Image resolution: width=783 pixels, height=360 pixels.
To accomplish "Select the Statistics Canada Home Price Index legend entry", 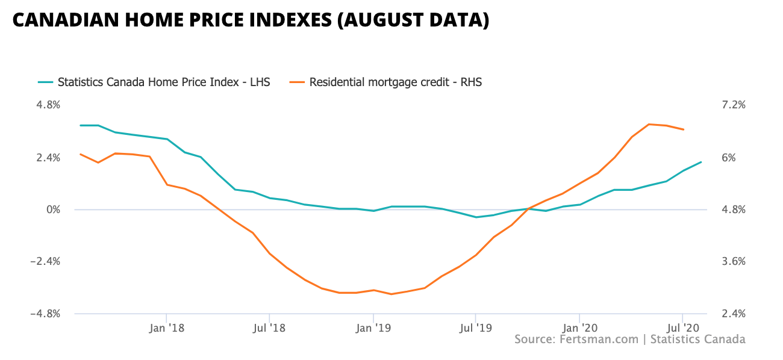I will (163, 82).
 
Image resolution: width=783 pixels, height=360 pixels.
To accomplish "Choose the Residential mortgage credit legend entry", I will (395, 82).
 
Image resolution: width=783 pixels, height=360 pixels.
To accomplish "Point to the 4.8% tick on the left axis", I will (49, 105).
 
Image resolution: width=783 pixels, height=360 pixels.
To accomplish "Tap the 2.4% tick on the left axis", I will (49, 158).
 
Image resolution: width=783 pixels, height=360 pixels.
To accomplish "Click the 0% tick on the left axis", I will (54, 209).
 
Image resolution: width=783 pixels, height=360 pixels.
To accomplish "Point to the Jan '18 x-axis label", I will (166, 328).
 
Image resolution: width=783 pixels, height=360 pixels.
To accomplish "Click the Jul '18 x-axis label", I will (269, 328).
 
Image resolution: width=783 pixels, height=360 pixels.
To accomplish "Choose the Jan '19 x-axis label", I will (373, 328).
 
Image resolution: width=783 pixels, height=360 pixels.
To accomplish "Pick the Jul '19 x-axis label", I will (476, 328).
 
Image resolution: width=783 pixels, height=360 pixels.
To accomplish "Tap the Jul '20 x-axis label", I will (682, 328).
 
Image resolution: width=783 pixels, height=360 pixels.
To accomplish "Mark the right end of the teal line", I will (701, 162).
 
